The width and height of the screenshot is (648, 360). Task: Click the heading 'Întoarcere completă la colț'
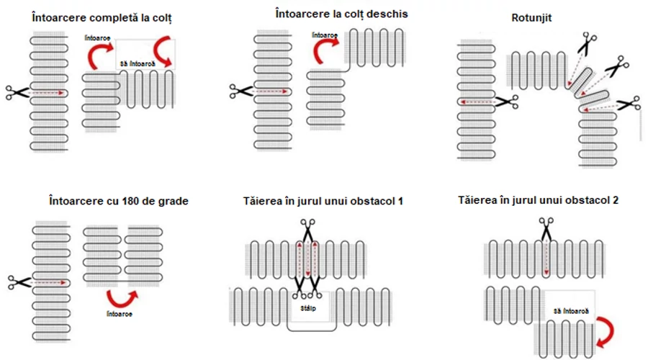102,17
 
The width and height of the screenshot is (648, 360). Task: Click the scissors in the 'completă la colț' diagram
17,92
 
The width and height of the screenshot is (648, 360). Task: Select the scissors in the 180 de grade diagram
19,282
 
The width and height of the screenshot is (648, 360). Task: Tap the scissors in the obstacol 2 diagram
546,228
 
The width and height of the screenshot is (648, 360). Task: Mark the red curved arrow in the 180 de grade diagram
120,299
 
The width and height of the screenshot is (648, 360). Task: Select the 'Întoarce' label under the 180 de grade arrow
119,315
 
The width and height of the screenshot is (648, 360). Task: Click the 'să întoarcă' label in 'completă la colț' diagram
138,65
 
